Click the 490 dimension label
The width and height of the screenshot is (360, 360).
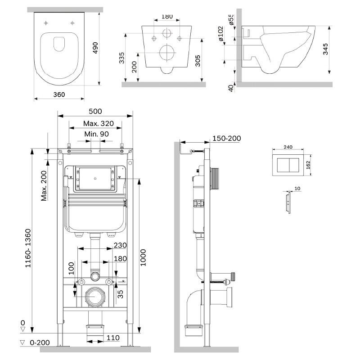(x=95, y=47)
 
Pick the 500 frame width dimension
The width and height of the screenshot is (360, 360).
(x=95, y=112)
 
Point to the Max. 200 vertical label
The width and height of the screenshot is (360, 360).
(x=45, y=186)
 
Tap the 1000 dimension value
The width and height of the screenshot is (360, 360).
(x=143, y=256)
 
